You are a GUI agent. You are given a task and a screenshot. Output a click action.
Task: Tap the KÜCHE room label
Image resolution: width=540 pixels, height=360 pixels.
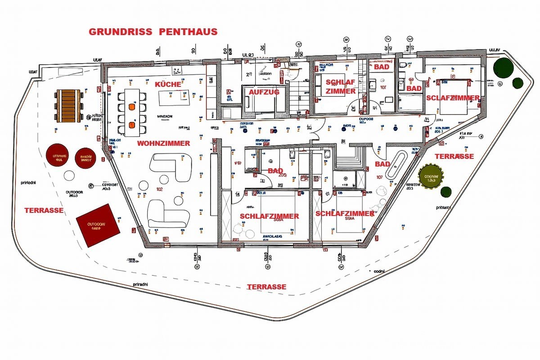click(168, 85)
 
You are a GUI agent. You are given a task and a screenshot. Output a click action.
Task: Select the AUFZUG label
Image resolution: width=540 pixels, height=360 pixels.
click(261, 92)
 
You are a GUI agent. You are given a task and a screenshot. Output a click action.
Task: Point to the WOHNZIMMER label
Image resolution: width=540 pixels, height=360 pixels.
click(163, 144)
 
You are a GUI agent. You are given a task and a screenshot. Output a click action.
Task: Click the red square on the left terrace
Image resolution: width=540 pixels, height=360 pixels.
click(98, 225)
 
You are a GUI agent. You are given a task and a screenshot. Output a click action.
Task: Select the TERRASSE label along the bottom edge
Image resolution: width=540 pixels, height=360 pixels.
click(266, 287)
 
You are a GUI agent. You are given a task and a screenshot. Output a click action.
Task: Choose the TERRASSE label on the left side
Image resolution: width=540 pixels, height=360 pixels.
click(44, 210)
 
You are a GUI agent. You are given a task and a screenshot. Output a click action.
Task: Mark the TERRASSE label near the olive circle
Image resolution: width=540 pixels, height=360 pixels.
click(454, 157)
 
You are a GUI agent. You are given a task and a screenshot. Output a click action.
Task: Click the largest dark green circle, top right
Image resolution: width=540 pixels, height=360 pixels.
click(503, 67)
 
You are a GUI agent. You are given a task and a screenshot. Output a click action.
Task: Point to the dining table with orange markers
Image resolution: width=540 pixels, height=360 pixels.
click(132, 112)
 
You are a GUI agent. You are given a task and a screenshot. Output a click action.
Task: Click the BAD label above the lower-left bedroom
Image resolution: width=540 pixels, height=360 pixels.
click(275, 171)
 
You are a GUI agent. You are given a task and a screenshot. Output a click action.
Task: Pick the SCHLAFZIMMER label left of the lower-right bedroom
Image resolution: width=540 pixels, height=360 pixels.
click(269, 216)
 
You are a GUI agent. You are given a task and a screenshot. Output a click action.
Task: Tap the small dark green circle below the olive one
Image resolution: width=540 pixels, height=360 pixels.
click(446, 192)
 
